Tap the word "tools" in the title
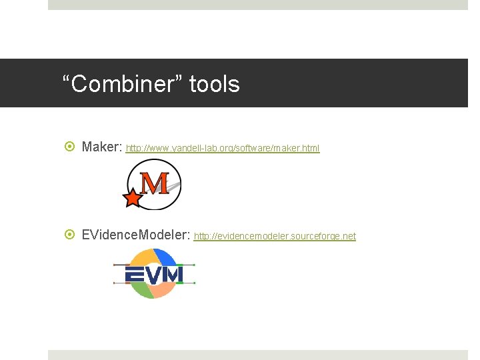(214, 85)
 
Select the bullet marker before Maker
(71, 147)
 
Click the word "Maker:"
(102, 147)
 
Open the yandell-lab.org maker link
(223, 149)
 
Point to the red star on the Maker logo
(133, 197)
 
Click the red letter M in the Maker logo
(155, 183)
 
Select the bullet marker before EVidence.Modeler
(71, 235)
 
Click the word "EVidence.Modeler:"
(136, 235)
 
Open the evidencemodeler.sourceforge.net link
(275, 237)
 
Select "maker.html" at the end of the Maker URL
(301, 149)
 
